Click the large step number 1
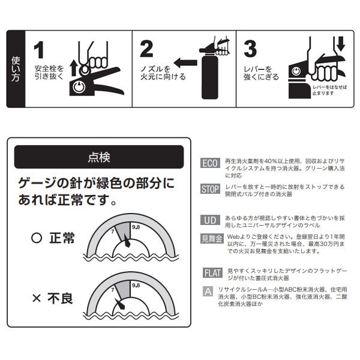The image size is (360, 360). pos(39,50)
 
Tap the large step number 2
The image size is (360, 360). pos(146,49)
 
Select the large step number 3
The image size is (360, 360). pos(250,49)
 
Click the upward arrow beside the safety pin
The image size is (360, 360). pos(73,68)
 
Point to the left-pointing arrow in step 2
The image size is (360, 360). pos(185,62)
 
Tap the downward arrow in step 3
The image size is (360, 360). pos(341,44)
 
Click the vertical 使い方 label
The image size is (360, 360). pos(16,69)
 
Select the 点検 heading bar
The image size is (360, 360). pos(99,157)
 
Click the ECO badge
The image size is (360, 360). pos(210,163)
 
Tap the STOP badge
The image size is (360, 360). pos(210,189)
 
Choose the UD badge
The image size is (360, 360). pos(210,220)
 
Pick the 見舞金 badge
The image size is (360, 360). pos(212,239)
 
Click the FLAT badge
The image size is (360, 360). pos(212,273)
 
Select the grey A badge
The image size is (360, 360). pos(208,292)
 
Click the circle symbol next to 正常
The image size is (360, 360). pos(37,238)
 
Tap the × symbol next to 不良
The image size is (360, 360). pos(37,298)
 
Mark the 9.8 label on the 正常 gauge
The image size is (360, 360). pos(136,227)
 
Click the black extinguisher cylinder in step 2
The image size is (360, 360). pos(209,76)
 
